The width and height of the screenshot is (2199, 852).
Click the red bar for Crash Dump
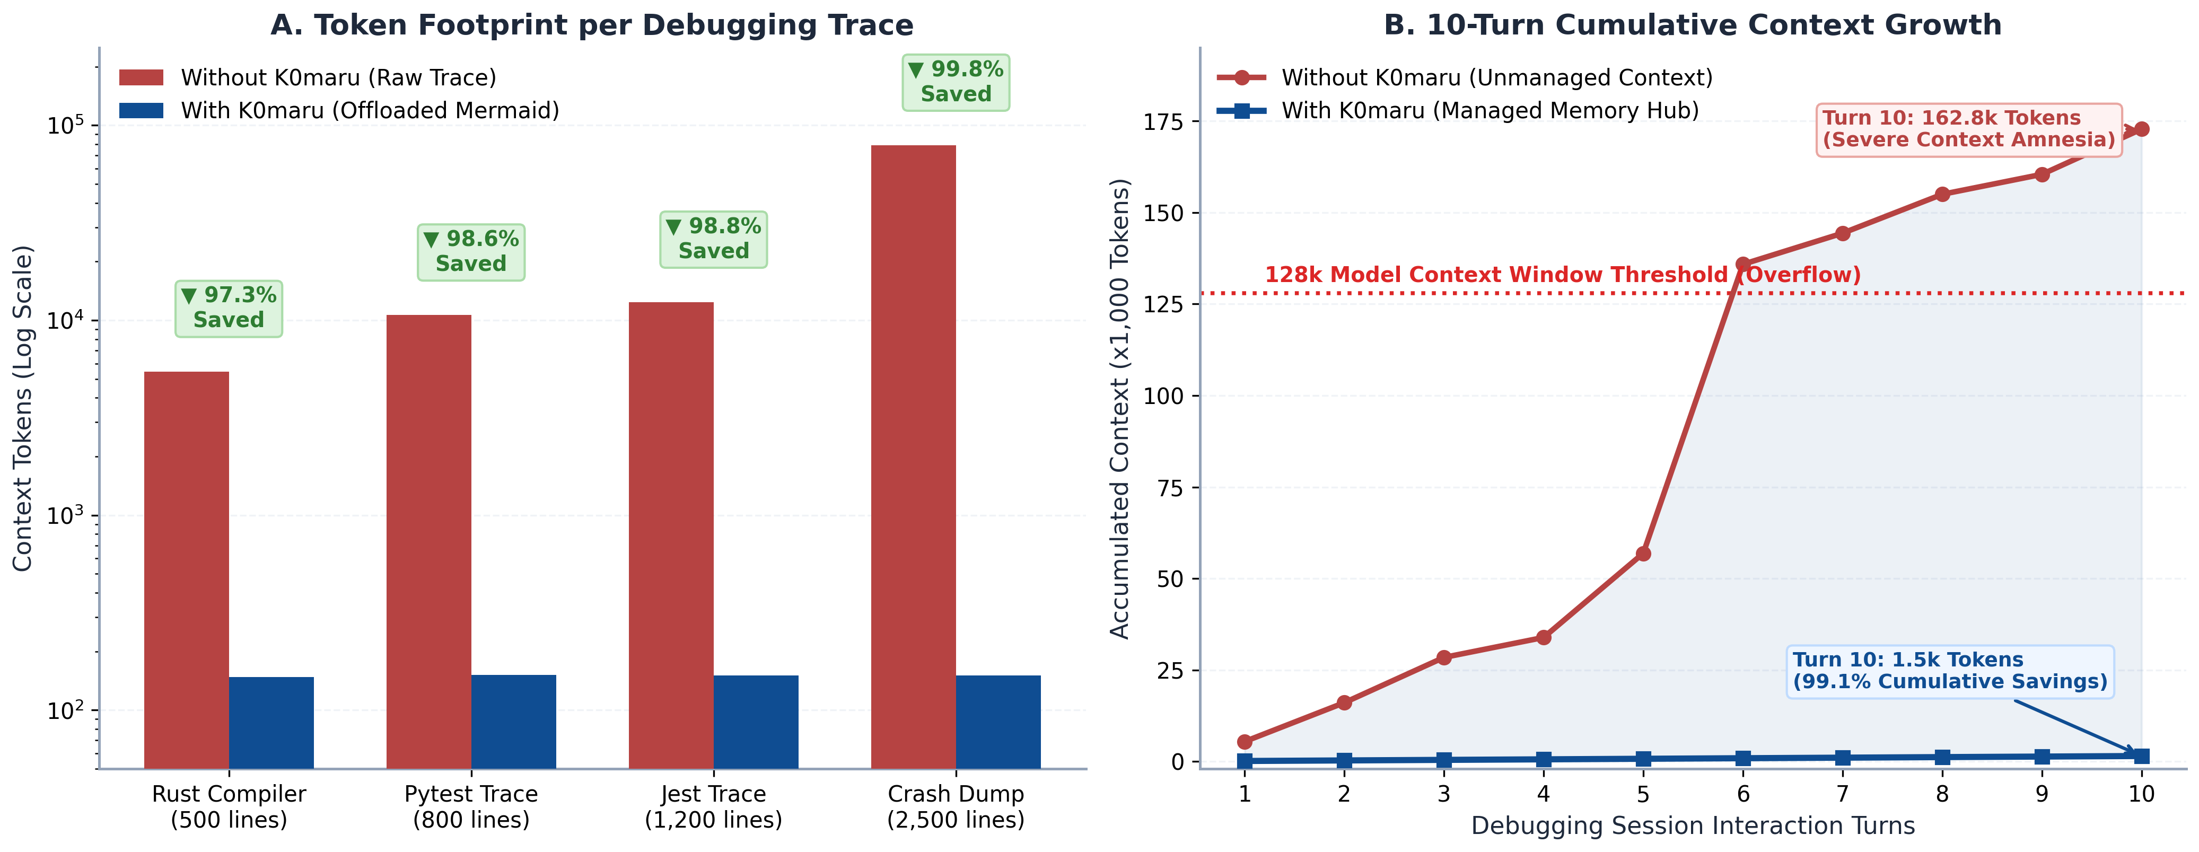click(914, 456)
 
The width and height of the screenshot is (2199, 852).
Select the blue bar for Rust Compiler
click(271, 722)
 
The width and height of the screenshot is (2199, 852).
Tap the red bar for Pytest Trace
click(428, 541)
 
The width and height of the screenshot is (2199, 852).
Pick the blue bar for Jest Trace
click(756, 722)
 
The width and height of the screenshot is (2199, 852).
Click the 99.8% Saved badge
click(956, 82)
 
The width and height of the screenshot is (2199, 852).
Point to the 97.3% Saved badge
click(229, 308)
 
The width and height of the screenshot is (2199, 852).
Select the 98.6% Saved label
click(471, 252)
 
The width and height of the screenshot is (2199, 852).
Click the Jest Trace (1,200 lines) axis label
click(714, 807)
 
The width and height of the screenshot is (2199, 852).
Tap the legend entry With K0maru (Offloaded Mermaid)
click(340, 111)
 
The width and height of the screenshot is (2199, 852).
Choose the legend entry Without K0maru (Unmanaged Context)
click(1466, 78)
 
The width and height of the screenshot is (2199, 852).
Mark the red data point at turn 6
click(1743, 265)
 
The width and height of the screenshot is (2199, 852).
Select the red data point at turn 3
click(1443, 657)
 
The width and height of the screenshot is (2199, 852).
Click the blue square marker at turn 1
click(1245, 761)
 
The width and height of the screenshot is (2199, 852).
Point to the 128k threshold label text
click(1562, 275)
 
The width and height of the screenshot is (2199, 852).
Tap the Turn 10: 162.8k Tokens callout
click(1968, 129)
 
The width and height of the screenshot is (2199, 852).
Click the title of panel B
click(1693, 25)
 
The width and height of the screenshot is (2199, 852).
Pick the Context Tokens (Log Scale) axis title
click(22, 408)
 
